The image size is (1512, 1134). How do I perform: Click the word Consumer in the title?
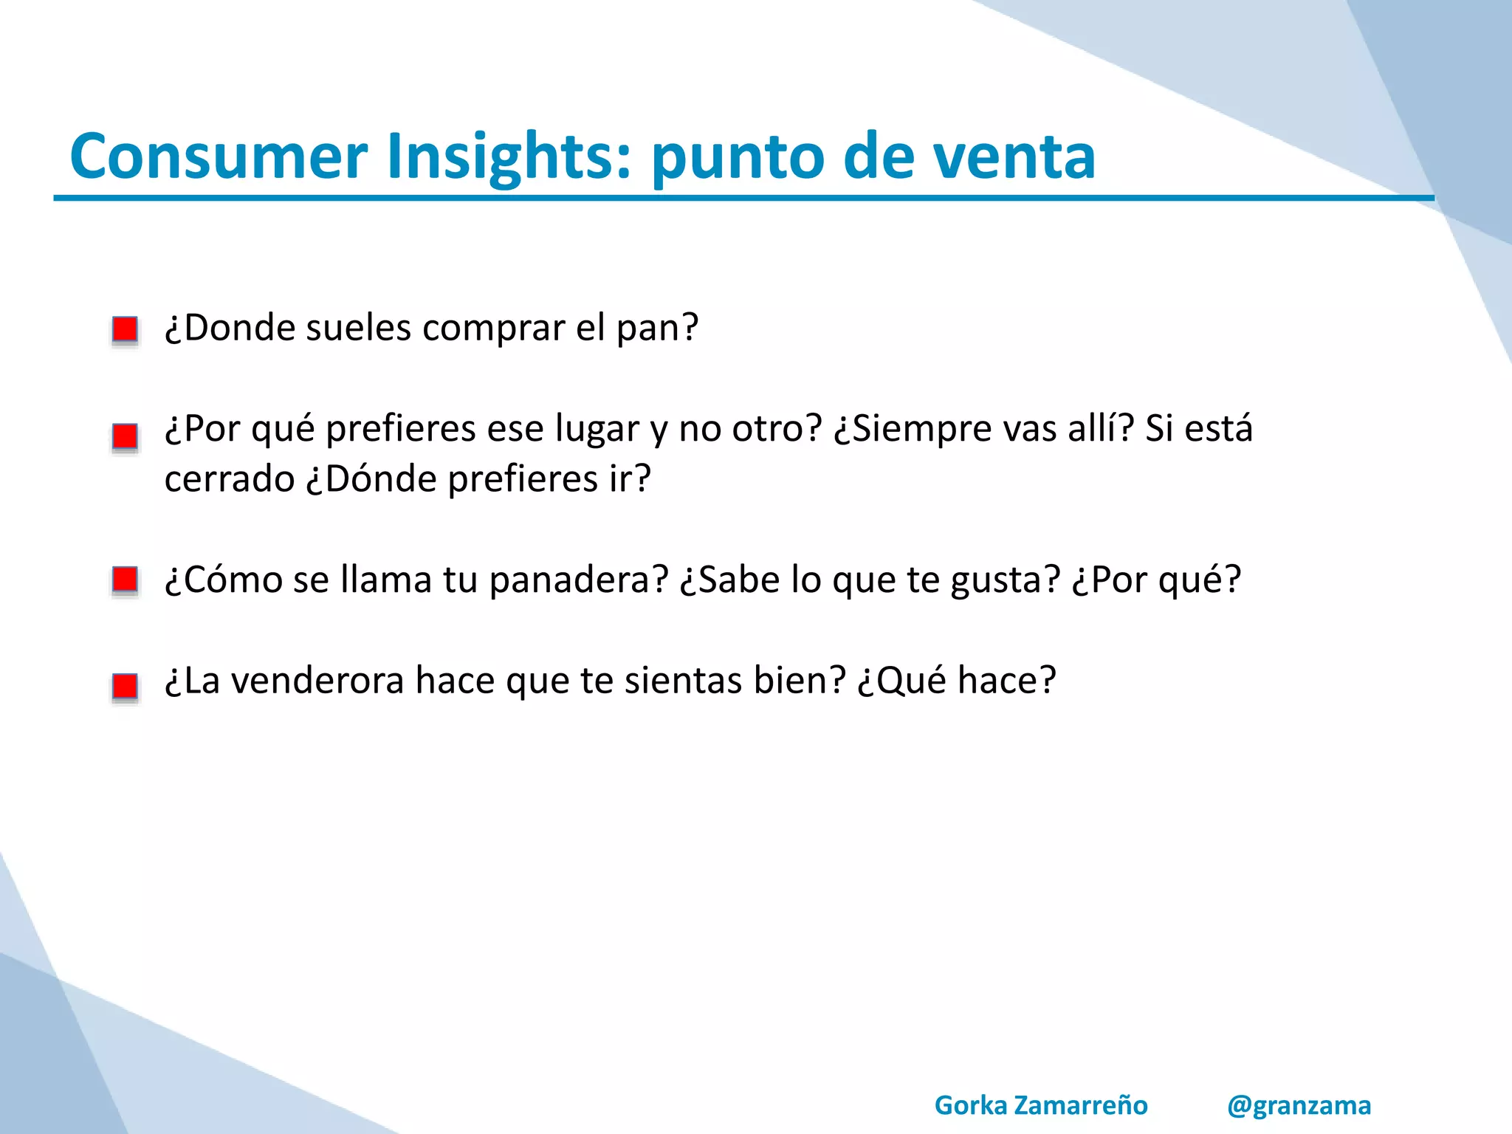(x=219, y=157)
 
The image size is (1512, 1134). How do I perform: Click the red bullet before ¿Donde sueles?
(x=125, y=329)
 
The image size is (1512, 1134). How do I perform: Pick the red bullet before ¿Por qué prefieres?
(x=125, y=436)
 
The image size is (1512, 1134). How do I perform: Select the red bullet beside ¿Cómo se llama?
(x=125, y=580)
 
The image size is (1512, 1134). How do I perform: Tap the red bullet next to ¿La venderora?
(x=125, y=686)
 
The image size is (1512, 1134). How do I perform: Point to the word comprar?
(x=493, y=329)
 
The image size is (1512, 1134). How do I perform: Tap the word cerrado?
(x=229, y=479)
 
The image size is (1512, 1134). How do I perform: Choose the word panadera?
(x=578, y=580)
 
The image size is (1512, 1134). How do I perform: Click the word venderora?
(x=317, y=681)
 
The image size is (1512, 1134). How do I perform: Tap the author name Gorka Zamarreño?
(x=1041, y=1105)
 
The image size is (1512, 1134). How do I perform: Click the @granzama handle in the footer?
(x=1299, y=1105)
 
